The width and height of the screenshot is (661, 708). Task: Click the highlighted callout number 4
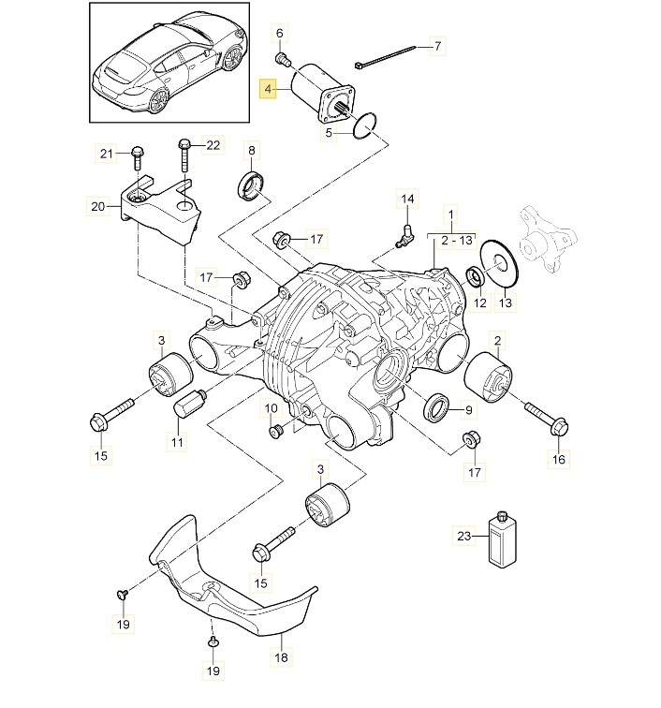tap(269, 91)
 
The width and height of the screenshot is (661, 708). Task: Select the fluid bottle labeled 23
tap(503, 538)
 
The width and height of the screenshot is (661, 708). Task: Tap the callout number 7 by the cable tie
tap(438, 44)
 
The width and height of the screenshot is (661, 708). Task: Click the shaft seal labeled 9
tap(434, 408)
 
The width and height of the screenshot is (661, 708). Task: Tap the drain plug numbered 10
tap(277, 432)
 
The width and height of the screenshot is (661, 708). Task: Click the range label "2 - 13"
tap(451, 241)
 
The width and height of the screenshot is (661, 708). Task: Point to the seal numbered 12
tap(476, 276)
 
